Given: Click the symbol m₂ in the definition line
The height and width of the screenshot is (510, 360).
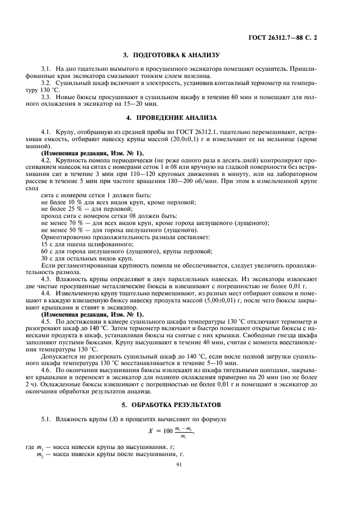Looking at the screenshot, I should point(39,453).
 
